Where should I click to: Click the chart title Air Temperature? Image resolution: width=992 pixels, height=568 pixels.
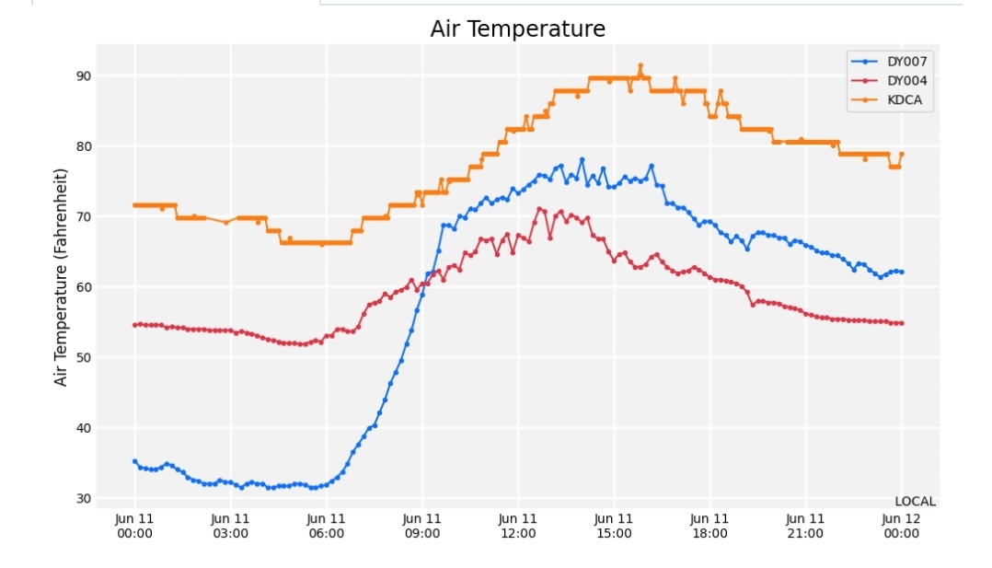[517, 29]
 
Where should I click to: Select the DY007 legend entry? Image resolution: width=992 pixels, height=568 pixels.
[906, 62]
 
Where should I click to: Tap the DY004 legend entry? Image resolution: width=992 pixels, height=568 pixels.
[906, 81]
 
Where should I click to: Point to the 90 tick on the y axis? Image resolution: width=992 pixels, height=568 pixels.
[83, 75]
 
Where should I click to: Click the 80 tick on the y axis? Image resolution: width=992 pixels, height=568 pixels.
[83, 146]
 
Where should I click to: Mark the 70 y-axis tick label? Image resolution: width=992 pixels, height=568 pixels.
[83, 216]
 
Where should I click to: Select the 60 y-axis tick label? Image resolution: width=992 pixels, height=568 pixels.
[83, 287]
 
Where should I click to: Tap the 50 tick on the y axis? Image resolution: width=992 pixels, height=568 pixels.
[83, 357]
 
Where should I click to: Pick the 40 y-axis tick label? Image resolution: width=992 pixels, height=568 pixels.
[83, 428]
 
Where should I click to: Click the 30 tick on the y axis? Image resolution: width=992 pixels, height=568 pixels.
[83, 498]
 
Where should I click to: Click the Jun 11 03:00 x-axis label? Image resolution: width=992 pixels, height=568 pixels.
[230, 526]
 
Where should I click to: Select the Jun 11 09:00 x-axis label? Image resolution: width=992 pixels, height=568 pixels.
[422, 526]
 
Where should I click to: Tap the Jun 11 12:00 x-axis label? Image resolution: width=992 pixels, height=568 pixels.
[518, 526]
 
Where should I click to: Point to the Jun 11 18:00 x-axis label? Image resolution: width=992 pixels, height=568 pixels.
[709, 526]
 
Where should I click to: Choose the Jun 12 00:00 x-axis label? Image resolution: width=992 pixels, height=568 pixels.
[901, 526]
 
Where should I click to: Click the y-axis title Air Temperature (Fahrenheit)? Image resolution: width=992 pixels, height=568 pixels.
[62, 277]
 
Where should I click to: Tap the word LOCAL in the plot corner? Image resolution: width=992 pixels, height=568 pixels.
[915, 502]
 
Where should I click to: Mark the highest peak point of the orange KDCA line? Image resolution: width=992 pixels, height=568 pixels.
[640, 66]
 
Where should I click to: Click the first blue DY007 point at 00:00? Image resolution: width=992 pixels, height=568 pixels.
[134, 461]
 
